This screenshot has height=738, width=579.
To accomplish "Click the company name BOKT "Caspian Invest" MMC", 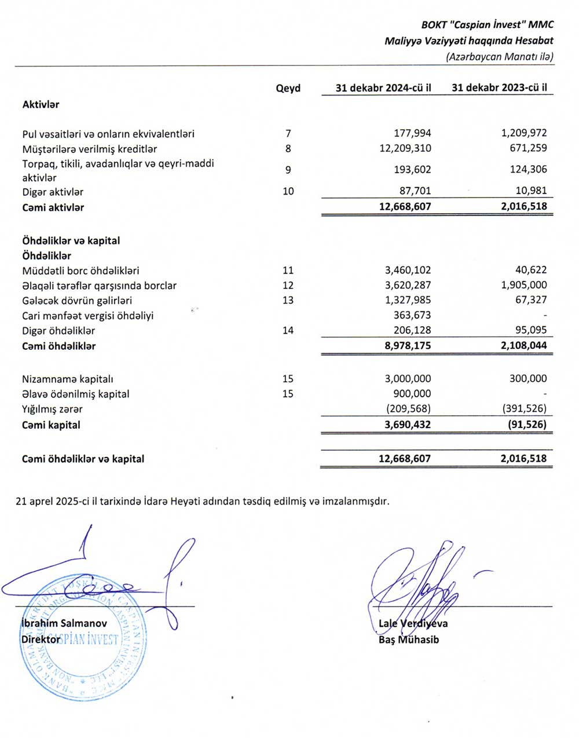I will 488,24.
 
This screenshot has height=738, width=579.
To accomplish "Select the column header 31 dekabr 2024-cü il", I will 383,88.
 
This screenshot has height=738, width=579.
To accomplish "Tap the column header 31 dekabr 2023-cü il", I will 499,88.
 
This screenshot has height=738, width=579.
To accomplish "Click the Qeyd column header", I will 288,88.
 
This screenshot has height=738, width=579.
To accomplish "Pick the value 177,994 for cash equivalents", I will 412,133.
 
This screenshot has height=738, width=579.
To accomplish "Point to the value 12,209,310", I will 405,148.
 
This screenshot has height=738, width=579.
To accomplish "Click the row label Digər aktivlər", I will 53,192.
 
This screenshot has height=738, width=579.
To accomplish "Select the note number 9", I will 288,170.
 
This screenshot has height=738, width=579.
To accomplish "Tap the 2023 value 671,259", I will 525,148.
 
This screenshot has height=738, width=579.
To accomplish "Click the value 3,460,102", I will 408,270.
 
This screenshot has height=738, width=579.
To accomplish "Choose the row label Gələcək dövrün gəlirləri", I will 77,300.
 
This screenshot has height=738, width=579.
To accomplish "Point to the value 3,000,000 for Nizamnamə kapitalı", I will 408,378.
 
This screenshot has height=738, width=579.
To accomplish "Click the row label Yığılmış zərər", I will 52,409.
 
